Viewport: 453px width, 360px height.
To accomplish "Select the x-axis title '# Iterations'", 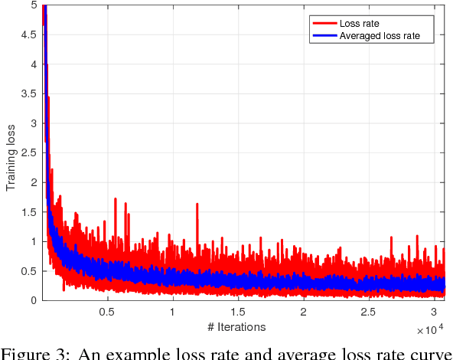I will click(237, 327).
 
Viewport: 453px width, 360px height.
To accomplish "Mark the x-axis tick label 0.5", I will click(106, 312).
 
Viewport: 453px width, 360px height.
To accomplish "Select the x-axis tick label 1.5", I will click(237, 312).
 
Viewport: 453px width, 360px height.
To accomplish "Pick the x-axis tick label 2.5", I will click(368, 312).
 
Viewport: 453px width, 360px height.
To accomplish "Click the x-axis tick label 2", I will click(303, 312).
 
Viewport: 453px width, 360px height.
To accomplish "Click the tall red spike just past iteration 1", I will click(197, 205).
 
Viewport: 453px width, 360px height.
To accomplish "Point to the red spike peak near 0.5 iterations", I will click(115, 199).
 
